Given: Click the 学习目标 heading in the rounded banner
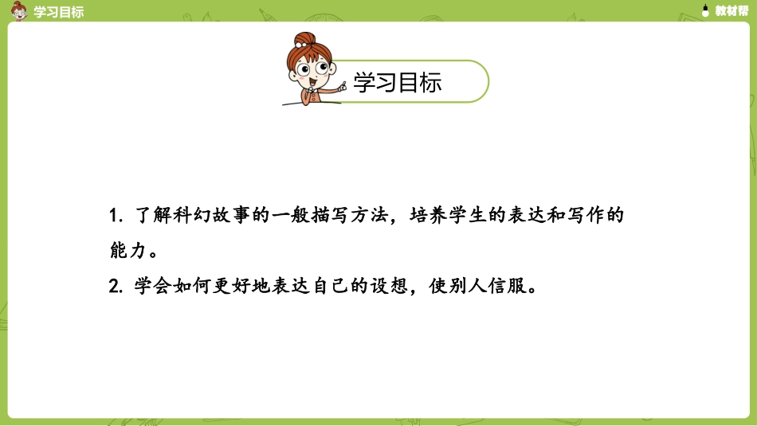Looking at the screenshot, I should [397, 83].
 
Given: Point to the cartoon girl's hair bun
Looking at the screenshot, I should [304, 39].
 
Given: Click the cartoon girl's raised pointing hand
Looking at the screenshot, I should [341, 85].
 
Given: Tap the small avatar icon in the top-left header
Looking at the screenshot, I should [18, 11].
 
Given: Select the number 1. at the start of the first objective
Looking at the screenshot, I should [115, 217].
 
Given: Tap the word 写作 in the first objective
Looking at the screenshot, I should [582, 217].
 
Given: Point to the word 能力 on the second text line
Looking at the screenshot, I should [128, 251].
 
